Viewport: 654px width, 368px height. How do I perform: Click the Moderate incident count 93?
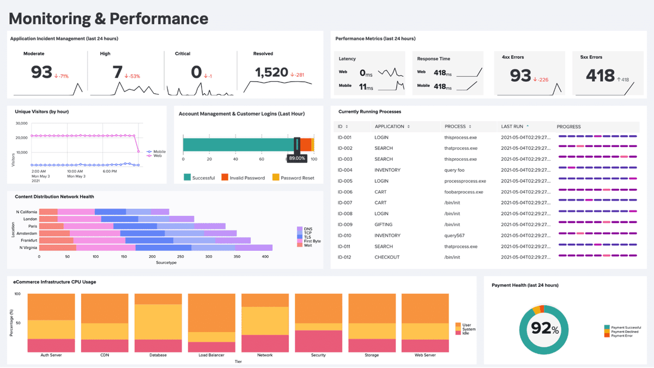pos(41,73)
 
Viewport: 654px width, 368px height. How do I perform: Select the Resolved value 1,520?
pos(271,73)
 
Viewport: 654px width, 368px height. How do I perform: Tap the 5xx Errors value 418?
pos(600,76)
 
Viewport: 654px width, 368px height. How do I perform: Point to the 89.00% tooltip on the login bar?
pos(297,158)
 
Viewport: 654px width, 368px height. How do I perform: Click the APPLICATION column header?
pos(389,126)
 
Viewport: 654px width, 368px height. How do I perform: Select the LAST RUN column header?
pos(512,126)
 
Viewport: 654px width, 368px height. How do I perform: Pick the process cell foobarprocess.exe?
pos(463,192)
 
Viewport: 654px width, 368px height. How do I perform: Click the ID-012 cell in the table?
pos(345,257)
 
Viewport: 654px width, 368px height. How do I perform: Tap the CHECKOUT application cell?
pos(387,257)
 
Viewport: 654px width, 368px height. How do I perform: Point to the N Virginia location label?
pos(28,248)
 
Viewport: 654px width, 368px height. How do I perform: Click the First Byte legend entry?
pos(312,241)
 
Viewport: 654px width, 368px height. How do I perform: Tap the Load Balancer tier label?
pos(211,355)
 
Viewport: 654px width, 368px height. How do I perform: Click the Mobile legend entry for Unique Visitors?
pos(159,152)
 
